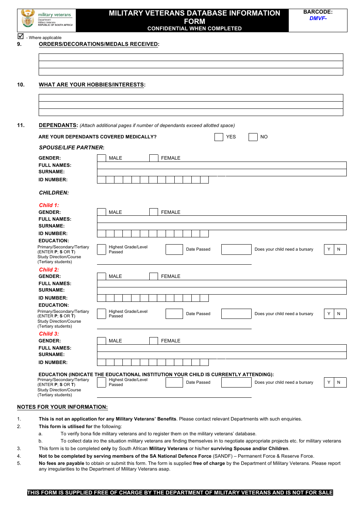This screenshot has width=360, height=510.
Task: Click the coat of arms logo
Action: pos(28,19)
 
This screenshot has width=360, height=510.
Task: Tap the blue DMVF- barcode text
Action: pos(318,18)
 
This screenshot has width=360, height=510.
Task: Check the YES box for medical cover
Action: pos(219,137)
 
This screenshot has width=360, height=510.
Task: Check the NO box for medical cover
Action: pos(253,137)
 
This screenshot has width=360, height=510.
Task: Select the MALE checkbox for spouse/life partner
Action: pos(102,158)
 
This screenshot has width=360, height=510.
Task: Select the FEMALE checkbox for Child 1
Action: pos(153,212)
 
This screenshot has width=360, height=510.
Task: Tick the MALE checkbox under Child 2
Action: pos(102,276)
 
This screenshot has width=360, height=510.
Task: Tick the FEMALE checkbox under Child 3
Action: pos(153,341)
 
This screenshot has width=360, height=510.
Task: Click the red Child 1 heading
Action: pos(49,205)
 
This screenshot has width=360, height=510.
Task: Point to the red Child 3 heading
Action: pos(49,334)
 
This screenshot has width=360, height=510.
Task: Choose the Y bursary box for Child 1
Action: pos(329,249)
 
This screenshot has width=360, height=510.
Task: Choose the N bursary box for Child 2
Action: pos(340,314)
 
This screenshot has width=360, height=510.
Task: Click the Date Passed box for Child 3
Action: pos(236,382)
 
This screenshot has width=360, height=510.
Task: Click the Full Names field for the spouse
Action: pos(222,165)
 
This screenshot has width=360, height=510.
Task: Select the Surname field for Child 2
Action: pos(222,291)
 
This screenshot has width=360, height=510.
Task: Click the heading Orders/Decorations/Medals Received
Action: pos(99,44)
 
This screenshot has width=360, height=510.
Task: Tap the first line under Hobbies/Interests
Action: pos(191,98)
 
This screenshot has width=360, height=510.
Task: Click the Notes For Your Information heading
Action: pos(62,407)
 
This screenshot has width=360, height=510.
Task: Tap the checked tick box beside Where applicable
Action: pos(21,36)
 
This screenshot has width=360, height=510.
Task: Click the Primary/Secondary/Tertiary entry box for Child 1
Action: pos(102,249)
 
